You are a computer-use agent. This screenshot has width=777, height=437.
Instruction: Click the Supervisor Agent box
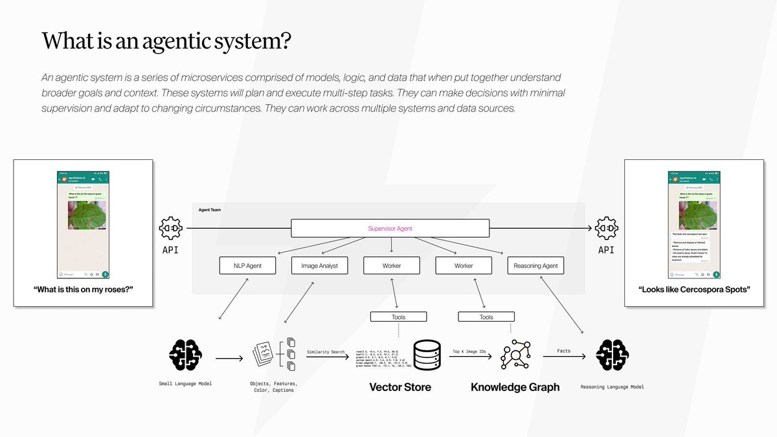[x=390, y=229]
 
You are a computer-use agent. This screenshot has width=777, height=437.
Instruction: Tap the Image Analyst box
[x=319, y=265]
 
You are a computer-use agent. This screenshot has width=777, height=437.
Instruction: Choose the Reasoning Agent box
[x=535, y=265]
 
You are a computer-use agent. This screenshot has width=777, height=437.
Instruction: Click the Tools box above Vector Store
[x=399, y=317]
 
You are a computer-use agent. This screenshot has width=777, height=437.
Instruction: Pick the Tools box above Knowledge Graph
[x=486, y=317]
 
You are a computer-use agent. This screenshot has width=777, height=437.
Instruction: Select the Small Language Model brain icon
[x=185, y=355]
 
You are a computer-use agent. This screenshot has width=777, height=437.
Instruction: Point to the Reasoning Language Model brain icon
[x=612, y=355]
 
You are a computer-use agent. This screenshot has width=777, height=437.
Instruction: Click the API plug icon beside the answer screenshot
[x=606, y=229]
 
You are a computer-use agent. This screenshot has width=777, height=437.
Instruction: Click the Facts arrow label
[x=563, y=352]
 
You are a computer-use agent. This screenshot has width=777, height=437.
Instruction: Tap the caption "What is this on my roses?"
[x=83, y=289]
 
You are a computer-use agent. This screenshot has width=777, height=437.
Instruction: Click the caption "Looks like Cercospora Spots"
[x=693, y=289]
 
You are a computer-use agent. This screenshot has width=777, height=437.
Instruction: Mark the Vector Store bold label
[x=400, y=387]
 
